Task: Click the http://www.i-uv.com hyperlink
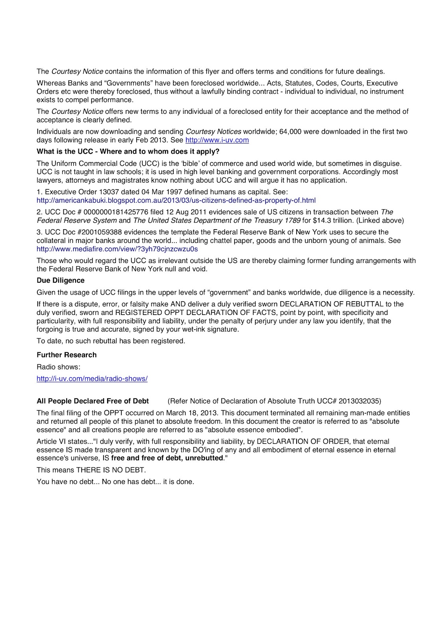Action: [x=217, y=140]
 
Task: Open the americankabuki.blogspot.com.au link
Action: [x=176, y=200]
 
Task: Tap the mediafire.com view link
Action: [x=117, y=249]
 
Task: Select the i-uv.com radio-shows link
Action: [x=92, y=379]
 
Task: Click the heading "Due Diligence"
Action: [x=60, y=280]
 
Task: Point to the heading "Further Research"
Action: [x=66, y=355]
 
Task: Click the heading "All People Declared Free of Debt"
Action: [x=93, y=401]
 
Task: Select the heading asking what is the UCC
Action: [x=128, y=152]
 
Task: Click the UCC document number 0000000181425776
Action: [x=116, y=212]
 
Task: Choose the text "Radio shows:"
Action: [x=58, y=367]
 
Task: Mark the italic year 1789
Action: [x=293, y=220]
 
